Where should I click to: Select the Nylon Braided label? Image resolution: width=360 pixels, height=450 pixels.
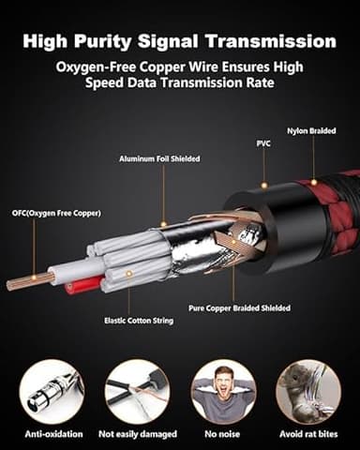[x=311, y=130]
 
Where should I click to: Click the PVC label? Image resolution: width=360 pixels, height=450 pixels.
[x=263, y=143]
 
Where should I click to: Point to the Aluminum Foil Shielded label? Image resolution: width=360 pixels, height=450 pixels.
[x=159, y=158]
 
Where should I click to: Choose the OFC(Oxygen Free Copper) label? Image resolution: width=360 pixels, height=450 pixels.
[x=56, y=214]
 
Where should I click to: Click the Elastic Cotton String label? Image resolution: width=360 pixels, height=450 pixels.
[x=139, y=321]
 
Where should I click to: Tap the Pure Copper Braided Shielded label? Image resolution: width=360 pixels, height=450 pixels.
[x=239, y=308]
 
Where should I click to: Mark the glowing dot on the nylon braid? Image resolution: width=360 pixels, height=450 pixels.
[x=313, y=182]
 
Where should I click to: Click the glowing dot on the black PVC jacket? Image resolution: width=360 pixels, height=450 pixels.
[x=264, y=186]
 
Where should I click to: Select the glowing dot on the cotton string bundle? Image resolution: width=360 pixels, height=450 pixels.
[x=128, y=274]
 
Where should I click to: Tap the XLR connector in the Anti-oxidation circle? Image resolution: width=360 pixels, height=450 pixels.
[x=50, y=392]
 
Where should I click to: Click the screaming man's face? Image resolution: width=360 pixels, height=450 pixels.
[x=224, y=383]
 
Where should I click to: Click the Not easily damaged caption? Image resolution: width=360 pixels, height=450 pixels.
[x=138, y=434]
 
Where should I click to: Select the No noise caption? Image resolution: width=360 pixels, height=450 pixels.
[x=222, y=434]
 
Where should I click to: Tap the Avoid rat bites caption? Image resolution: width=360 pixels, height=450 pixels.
[x=308, y=434]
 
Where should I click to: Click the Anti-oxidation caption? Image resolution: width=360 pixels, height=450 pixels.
[x=53, y=434]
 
